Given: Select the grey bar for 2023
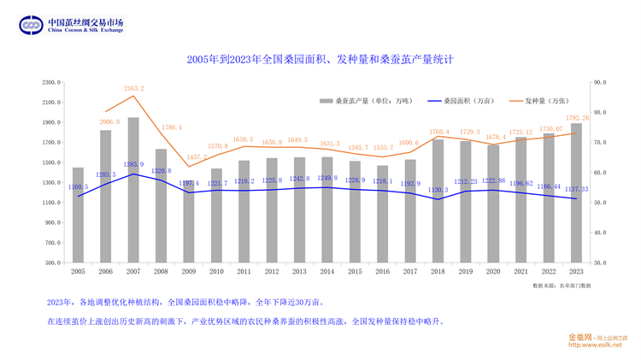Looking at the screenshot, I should coord(576,192).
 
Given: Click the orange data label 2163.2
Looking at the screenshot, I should coord(133,89).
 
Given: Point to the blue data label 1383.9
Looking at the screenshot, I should coord(133,164).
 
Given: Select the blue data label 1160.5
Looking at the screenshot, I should coord(78,186).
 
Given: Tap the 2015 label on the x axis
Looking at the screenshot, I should coord(355,271).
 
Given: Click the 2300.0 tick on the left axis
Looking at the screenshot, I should coord(50,82).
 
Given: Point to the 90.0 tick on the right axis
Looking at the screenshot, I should coord(599,82).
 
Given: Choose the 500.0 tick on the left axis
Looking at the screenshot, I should coord(52,263).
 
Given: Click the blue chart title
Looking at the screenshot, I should coord(320,60).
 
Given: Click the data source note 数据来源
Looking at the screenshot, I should coord(561,285).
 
